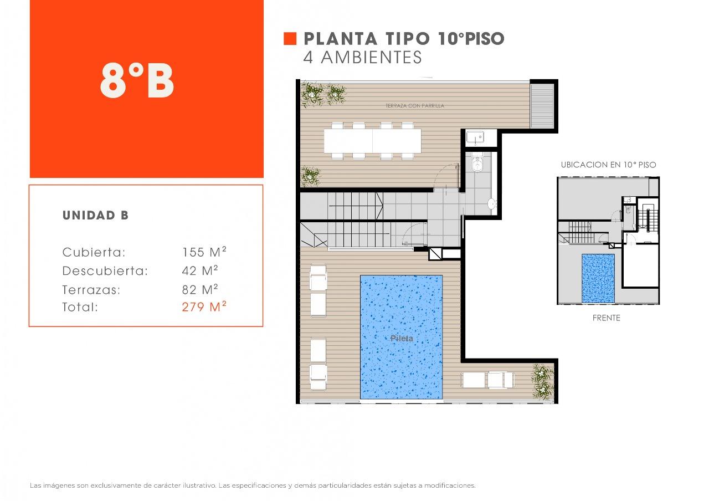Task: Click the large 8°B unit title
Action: click(x=137, y=81)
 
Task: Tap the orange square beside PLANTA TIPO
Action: click(x=290, y=39)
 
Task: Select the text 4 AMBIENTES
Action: click(x=362, y=57)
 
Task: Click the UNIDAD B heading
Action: click(x=95, y=216)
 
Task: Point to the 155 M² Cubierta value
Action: click(x=204, y=252)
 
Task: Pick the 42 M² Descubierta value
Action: click(x=200, y=270)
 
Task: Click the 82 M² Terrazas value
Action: click(x=200, y=289)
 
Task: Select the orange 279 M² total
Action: click(x=204, y=306)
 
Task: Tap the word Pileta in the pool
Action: click(x=402, y=338)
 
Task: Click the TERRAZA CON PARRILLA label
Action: click(x=415, y=106)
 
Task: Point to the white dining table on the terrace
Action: click(x=373, y=141)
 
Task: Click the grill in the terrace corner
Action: click(x=542, y=106)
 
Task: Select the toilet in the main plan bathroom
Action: click(x=477, y=162)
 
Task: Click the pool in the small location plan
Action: click(x=598, y=278)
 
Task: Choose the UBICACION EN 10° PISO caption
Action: click(x=608, y=165)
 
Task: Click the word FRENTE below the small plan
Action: click(x=606, y=318)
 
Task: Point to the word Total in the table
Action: click(x=79, y=307)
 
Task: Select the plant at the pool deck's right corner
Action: click(x=542, y=382)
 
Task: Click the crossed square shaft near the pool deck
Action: click(x=435, y=254)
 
